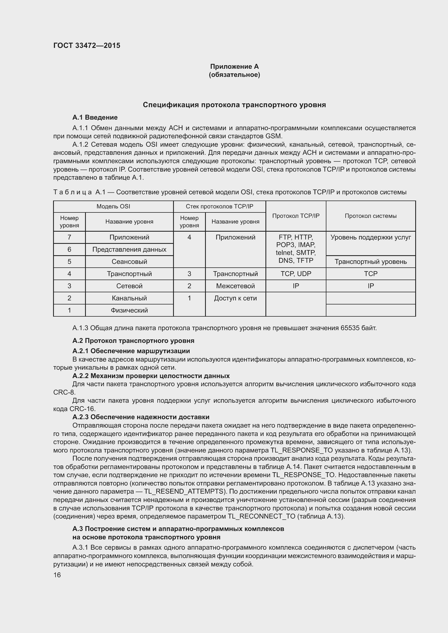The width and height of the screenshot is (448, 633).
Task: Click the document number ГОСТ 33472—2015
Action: click(87, 45)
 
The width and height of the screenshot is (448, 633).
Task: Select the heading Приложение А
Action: click(234, 67)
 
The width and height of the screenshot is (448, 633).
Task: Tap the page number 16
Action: click(57, 575)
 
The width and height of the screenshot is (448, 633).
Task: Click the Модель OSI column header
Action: click(113, 206)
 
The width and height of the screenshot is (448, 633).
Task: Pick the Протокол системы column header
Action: click(371, 216)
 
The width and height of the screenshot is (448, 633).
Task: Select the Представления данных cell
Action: click(129, 250)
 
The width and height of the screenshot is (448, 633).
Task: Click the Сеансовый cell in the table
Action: click(129, 262)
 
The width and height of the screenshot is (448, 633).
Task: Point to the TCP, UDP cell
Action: click(296, 274)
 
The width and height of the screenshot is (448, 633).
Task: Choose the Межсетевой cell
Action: click(235, 286)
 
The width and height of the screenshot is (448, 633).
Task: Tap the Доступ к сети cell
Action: click(235, 298)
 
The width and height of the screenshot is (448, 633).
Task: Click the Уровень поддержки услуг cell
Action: click(371, 237)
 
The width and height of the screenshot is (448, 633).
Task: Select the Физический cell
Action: click(129, 310)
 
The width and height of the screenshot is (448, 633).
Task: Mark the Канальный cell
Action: click(129, 298)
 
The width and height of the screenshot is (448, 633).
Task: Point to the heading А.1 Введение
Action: click(95, 117)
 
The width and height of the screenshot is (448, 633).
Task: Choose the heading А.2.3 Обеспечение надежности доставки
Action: click(141, 417)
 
